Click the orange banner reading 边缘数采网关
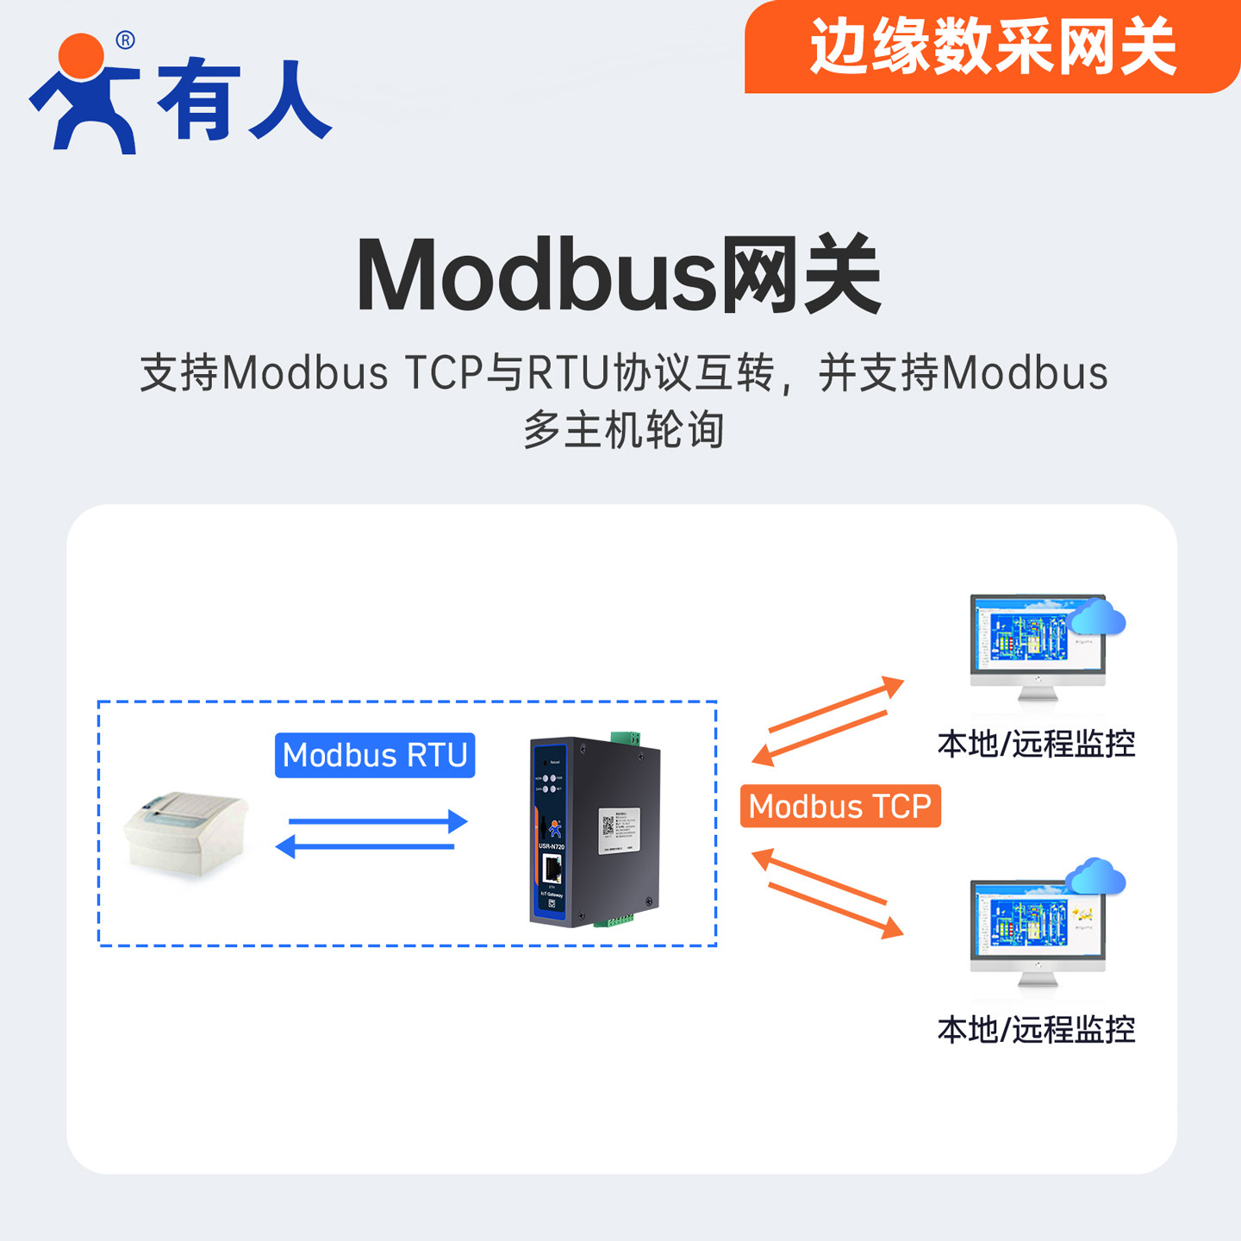pos(991,47)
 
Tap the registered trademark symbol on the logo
pos(125,40)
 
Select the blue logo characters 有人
pos(244,100)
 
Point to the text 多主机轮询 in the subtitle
pos(623,429)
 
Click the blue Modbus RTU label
pos(374,756)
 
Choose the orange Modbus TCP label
pos(839,807)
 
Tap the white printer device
pos(185,832)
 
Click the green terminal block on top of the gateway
pos(625,738)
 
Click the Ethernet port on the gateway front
pos(552,868)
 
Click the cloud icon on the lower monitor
pos(1095,876)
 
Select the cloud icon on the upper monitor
pos(1096,617)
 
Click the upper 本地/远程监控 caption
pos(1036,744)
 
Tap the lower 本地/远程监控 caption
pos(1036,1030)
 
